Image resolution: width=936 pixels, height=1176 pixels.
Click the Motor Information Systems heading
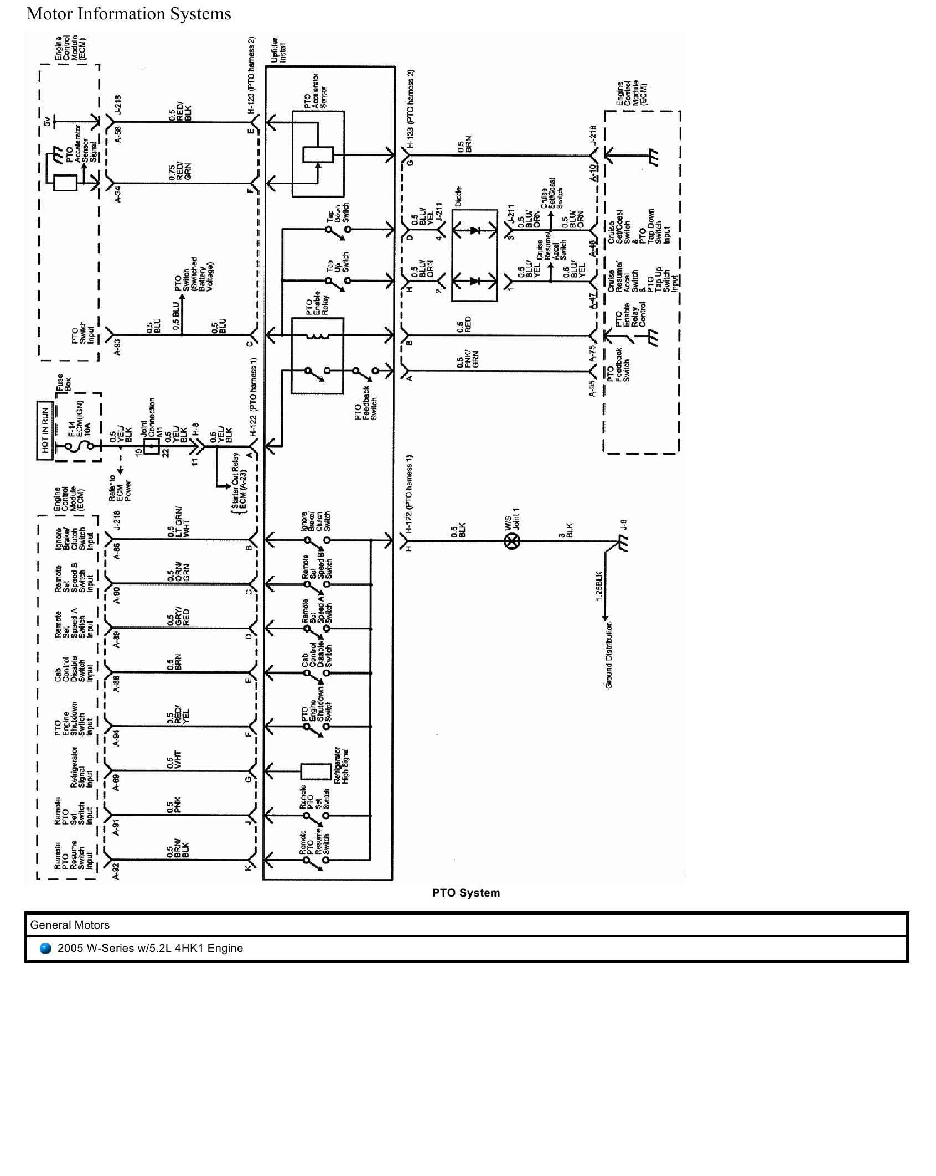click(128, 14)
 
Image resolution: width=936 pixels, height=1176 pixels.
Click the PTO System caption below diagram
click(466, 893)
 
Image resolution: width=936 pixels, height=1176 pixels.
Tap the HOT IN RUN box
click(45, 430)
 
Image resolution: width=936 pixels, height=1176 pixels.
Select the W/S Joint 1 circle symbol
click(513, 541)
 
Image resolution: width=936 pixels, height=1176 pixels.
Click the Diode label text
click(458, 196)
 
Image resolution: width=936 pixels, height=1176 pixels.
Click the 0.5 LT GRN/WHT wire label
click(174, 522)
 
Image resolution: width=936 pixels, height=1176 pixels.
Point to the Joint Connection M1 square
click(151, 447)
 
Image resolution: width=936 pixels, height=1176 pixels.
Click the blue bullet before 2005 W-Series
click(45, 948)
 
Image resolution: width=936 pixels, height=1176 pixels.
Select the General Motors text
click(70, 925)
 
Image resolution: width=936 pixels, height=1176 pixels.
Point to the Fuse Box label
click(64, 382)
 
